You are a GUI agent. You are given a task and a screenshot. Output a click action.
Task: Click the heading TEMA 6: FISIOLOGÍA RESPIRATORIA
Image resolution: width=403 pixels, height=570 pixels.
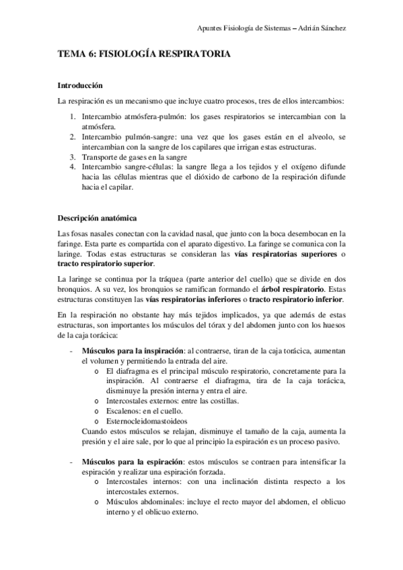144,58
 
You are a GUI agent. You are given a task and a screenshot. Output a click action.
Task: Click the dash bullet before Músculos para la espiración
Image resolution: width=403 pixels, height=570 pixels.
71,462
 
